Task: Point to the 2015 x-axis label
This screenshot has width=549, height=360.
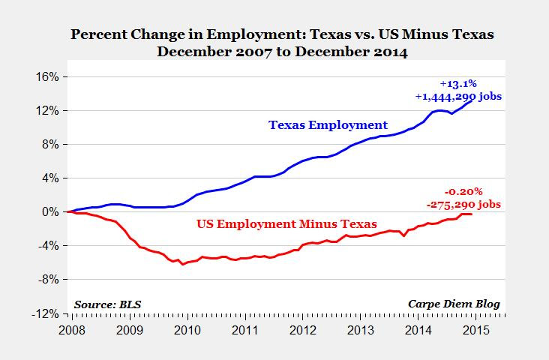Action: pyautogui.click(x=478, y=329)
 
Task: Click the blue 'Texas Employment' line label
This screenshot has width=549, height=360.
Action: pyautogui.click(x=329, y=125)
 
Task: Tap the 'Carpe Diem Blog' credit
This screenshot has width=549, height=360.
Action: pyautogui.click(x=453, y=304)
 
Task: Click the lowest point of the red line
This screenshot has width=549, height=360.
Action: pyautogui.click(x=182, y=264)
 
